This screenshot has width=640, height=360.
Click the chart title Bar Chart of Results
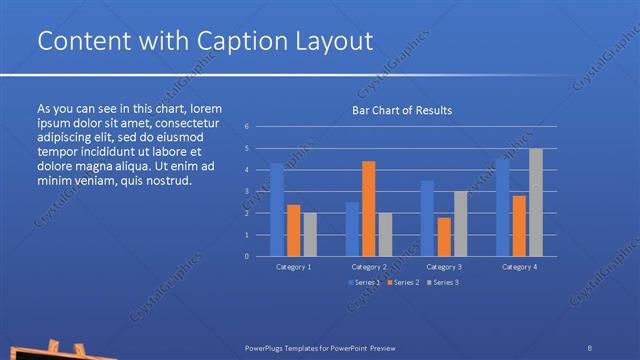pos(401,110)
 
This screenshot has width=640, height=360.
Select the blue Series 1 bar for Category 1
pos(277,210)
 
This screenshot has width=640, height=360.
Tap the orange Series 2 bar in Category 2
pos(368,208)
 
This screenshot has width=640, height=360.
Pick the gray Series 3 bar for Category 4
pos(536,202)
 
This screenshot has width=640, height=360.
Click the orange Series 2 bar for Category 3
pos(443,237)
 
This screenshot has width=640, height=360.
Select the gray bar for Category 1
pos(310,234)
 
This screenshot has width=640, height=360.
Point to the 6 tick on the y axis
pos(247,127)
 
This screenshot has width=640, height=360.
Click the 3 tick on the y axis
pos(247,191)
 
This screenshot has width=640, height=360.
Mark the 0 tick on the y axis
pos(247,256)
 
